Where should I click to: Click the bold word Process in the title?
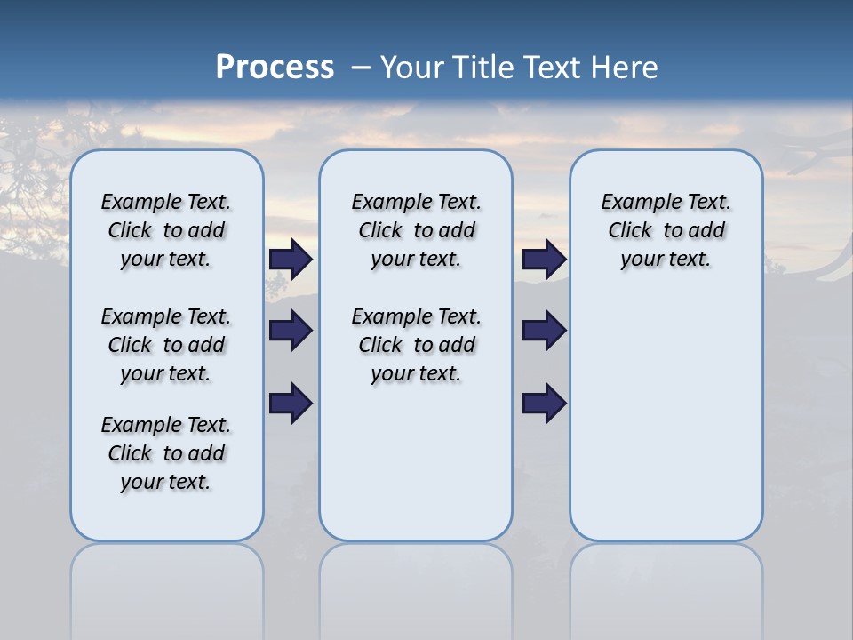[x=275, y=68]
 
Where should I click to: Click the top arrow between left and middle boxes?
[x=291, y=260]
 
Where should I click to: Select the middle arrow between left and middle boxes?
[x=291, y=331]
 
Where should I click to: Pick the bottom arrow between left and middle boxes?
[x=291, y=403]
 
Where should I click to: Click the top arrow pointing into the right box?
[x=544, y=260]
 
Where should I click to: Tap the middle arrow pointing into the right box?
[x=544, y=331]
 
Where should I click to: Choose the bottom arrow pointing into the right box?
[x=544, y=403]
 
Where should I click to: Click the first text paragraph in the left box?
[x=166, y=230]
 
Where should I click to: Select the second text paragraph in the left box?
[x=166, y=345]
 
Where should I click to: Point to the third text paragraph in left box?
[x=166, y=453]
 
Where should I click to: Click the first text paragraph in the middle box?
[x=416, y=230]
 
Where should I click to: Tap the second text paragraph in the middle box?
[x=416, y=345]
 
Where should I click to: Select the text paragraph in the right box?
[x=666, y=230]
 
